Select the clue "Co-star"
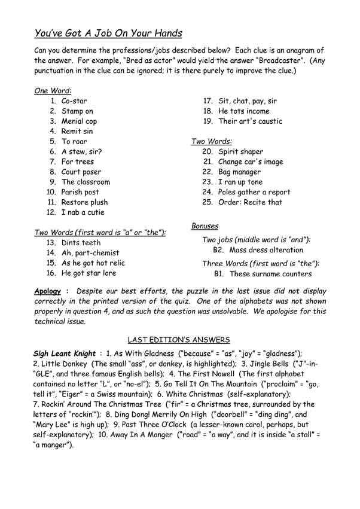pos(74,101)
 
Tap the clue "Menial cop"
pos(79,121)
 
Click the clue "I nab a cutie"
pos(83,212)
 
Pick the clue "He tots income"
pos(244,111)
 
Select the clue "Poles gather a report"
pos(255,192)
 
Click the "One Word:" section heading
pos(53,90)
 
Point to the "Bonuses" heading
pos(205,226)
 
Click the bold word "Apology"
pos(48,291)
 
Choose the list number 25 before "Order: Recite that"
pos(208,202)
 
